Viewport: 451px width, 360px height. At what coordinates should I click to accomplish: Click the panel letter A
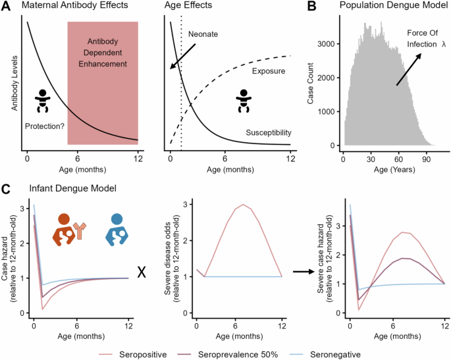tap(6, 7)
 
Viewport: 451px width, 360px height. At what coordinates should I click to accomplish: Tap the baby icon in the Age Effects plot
tap(244, 101)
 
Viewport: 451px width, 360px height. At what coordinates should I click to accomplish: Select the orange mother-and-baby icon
tap(67, 229)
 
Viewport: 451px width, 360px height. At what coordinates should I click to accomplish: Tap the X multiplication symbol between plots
tap(141, 272)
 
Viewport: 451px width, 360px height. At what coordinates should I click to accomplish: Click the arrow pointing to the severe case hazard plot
tap(304, 272)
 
